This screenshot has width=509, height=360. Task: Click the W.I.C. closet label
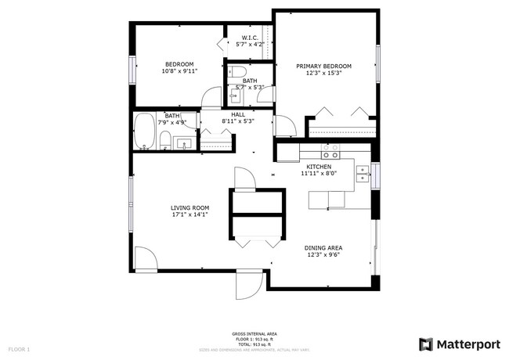(250, 38)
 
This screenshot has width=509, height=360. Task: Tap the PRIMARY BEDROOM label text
(323, 67)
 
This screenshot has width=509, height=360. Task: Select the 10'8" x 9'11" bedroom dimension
(179, 71)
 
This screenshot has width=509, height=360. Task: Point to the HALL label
(238, 114)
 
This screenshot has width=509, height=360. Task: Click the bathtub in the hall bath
(144, 132)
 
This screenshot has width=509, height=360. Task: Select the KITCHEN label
(319, 167)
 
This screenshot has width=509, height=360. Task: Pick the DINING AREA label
(323, 248)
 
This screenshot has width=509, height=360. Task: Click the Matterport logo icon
(426, 344)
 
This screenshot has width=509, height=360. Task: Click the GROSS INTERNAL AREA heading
(254, 333)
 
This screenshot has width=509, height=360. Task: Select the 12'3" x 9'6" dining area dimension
(323, 255)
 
